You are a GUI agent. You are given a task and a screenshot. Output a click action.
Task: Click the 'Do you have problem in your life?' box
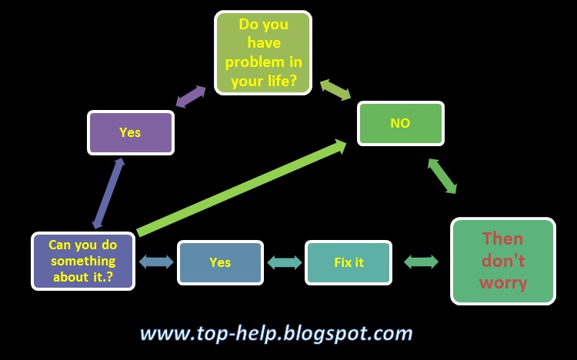pos(262,52)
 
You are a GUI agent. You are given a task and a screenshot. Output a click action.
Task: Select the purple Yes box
pos(130,132)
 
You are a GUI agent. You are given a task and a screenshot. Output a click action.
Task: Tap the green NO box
pos(400,123)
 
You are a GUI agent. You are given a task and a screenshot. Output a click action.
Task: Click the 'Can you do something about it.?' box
pos(83,262)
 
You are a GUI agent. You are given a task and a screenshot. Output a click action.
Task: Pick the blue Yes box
pos(220,262)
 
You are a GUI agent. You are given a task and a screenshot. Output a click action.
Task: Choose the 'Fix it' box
pos(349,262)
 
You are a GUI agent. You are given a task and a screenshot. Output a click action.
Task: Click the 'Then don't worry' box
pos(503,262)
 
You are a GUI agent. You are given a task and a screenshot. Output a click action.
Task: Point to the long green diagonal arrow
pos(241,188)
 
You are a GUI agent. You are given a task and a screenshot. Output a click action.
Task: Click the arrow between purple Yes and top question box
pos(191,96)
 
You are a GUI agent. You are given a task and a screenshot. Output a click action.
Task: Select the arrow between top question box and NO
pos(335,89)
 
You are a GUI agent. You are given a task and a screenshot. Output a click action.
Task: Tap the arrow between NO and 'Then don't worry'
pos(442,176)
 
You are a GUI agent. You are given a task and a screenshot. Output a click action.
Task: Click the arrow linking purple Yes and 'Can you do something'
pos(108,193)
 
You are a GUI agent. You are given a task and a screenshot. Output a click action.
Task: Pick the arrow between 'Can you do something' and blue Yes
pos(156,262)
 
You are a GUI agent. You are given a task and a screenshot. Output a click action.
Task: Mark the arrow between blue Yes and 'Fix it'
pos(284,262)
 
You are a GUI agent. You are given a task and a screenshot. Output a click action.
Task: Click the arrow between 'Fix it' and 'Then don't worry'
pos(421,262)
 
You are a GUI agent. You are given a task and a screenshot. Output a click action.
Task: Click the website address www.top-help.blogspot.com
pos(276,333)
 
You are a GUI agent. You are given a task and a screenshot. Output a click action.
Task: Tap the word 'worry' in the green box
pos(503,283)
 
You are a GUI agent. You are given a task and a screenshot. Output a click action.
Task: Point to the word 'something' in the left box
pos(83,262)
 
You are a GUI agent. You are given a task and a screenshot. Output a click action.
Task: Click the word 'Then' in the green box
pos(502,239)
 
